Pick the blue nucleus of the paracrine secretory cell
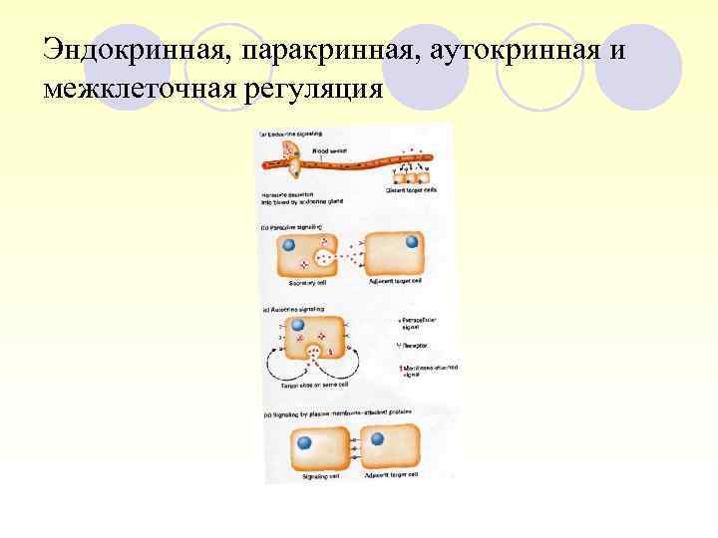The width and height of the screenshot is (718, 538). (x=288, y=244)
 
